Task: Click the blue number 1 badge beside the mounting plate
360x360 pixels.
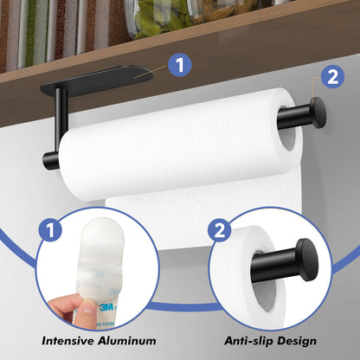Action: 178,64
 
